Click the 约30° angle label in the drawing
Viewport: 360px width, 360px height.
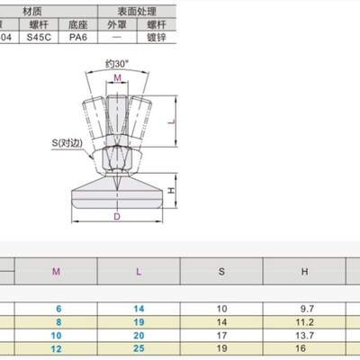click(117, 65)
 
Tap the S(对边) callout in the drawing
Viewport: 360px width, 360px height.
click(67, 142)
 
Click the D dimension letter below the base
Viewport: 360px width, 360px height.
click(117, 217)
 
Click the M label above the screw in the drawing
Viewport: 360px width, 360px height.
click(118, 79)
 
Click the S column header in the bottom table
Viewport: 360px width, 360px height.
click(221, 270)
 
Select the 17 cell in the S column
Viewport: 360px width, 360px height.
click(221, 334)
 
